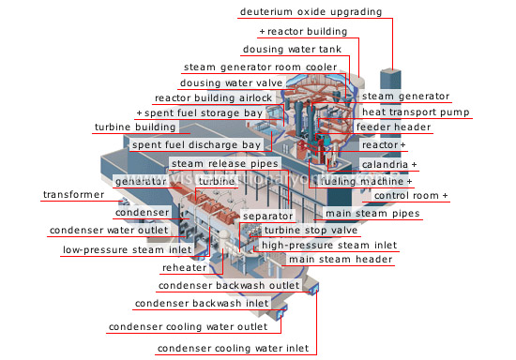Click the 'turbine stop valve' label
click(x=311, y=230)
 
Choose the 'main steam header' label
click(x=340, y=260)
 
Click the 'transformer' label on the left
click(x=73, y=195)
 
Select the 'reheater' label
click(x=185, y=267)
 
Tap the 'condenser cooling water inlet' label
click(x=234, y=349)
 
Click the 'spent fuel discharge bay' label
click(x=196, y=145)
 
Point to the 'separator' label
click(x=267, y=216)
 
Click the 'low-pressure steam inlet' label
click(x=127, y=250)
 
